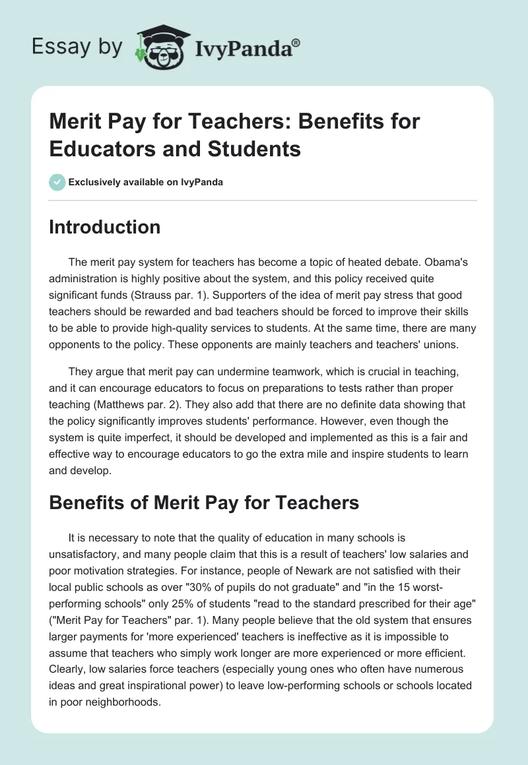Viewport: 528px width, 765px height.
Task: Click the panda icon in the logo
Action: click(x=160, y=47)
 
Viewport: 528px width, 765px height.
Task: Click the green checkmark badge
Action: click(x=57, y=182)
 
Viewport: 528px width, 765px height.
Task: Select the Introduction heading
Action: click(x=105, y=227)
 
